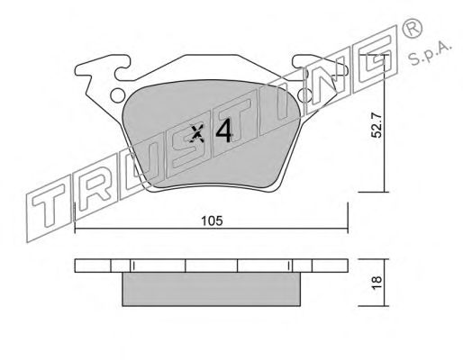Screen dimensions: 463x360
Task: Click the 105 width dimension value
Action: [212, 221]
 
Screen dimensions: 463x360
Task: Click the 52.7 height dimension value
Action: [376, 125]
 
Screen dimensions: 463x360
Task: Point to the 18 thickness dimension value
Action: [377, 283]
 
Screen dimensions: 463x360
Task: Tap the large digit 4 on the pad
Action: [224, 130]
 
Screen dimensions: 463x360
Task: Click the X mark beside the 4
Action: [197, 132]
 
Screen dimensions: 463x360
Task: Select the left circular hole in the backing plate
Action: [117, 95]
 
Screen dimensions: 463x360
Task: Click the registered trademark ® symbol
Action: [412, 28]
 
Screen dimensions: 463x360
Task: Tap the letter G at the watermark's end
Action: [376, 59]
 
